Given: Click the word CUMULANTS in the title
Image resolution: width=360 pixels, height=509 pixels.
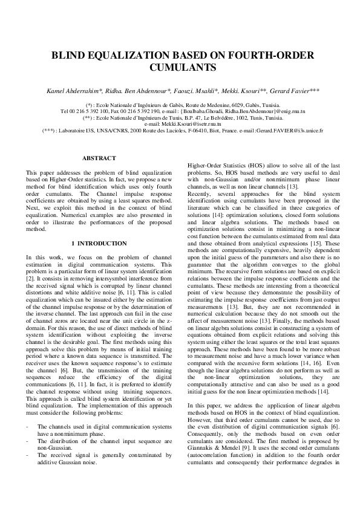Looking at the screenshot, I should click(180, 68).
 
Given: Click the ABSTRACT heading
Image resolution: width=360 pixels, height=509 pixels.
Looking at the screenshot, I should click(99, 158).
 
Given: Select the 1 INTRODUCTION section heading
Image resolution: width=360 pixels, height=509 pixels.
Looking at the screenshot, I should click(99, 243).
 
